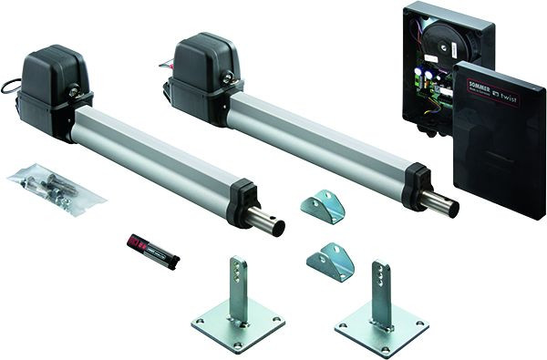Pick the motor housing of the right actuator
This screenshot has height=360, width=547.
[205, 67]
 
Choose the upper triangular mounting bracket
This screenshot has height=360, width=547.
[324, 206]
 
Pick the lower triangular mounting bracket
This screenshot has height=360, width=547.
[329, 262]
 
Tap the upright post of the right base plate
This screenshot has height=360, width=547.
[382, 293]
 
